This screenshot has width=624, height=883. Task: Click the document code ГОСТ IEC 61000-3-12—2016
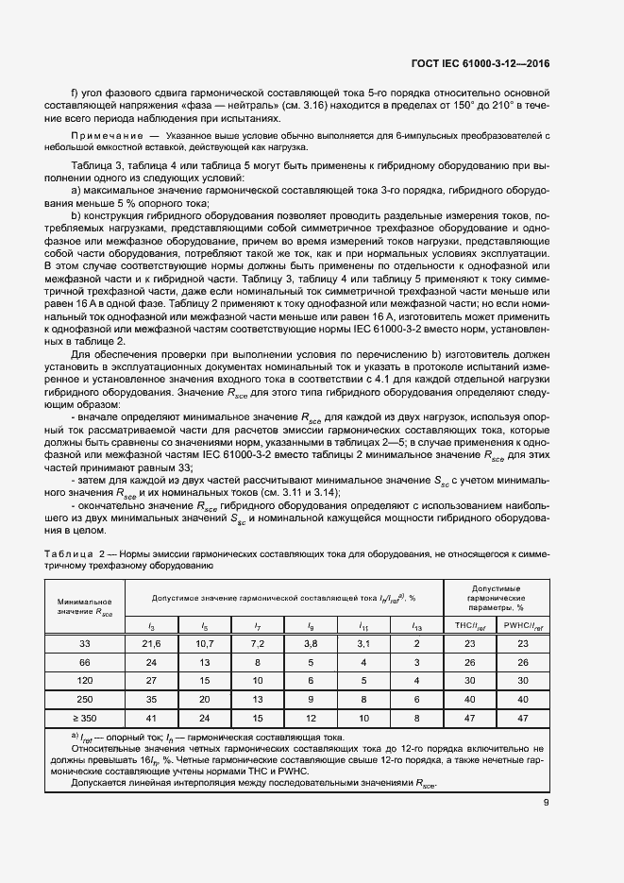[x=480, y=63]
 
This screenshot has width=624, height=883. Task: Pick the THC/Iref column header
[x=469, y=625]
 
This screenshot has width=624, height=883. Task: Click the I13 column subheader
[x=416, y=625]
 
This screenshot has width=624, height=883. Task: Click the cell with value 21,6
[x=152, y=643]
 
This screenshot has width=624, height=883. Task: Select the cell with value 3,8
[x=311, y=643]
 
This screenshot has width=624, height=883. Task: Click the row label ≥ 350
[x=84, y=717]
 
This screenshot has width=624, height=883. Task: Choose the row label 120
[x=84, y=680]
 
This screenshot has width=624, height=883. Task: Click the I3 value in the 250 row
[x=152, y=699]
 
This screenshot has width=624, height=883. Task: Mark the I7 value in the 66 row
[x=258, y=662]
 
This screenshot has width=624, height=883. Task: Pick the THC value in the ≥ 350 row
[x=469, y=717]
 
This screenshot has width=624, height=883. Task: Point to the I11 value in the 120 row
[x=363, y=680]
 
